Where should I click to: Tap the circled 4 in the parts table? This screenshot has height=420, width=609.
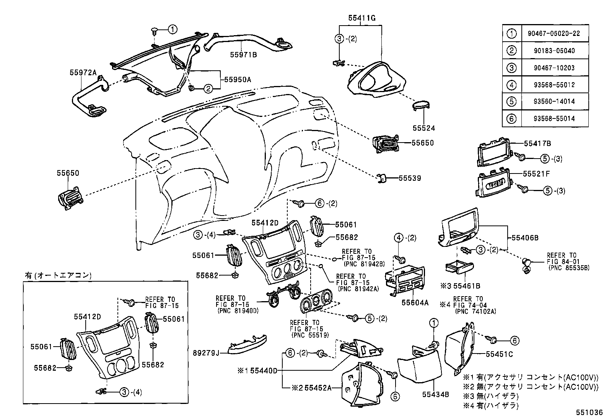point(512,85)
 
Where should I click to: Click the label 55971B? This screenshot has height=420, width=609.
point(243,55)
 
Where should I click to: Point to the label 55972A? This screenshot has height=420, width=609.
point(83,72)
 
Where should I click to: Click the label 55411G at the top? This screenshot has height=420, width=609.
point(362,18)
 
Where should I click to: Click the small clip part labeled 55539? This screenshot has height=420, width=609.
point(381,178)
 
